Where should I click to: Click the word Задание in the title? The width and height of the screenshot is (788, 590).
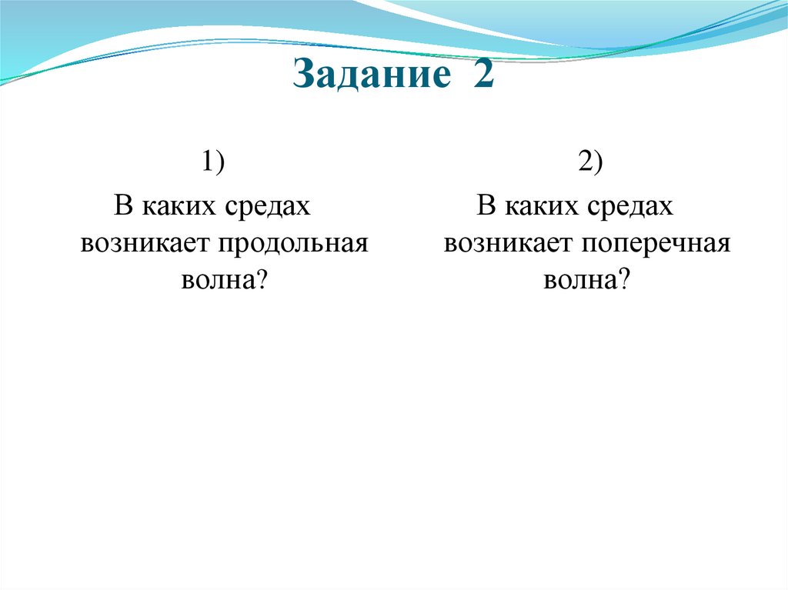[x=369, y=78]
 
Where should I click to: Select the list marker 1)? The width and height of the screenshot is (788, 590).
[x=213, y=164]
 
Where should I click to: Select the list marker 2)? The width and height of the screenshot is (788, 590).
[x=589, y=164]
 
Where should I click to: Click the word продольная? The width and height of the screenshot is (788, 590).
[x=293, y=244]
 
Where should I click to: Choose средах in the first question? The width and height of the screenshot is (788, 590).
[x=267, y=207]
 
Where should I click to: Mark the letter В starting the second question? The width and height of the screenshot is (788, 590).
[x=486, y=206]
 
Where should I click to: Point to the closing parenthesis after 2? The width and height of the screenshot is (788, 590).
[x=599, y=164]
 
